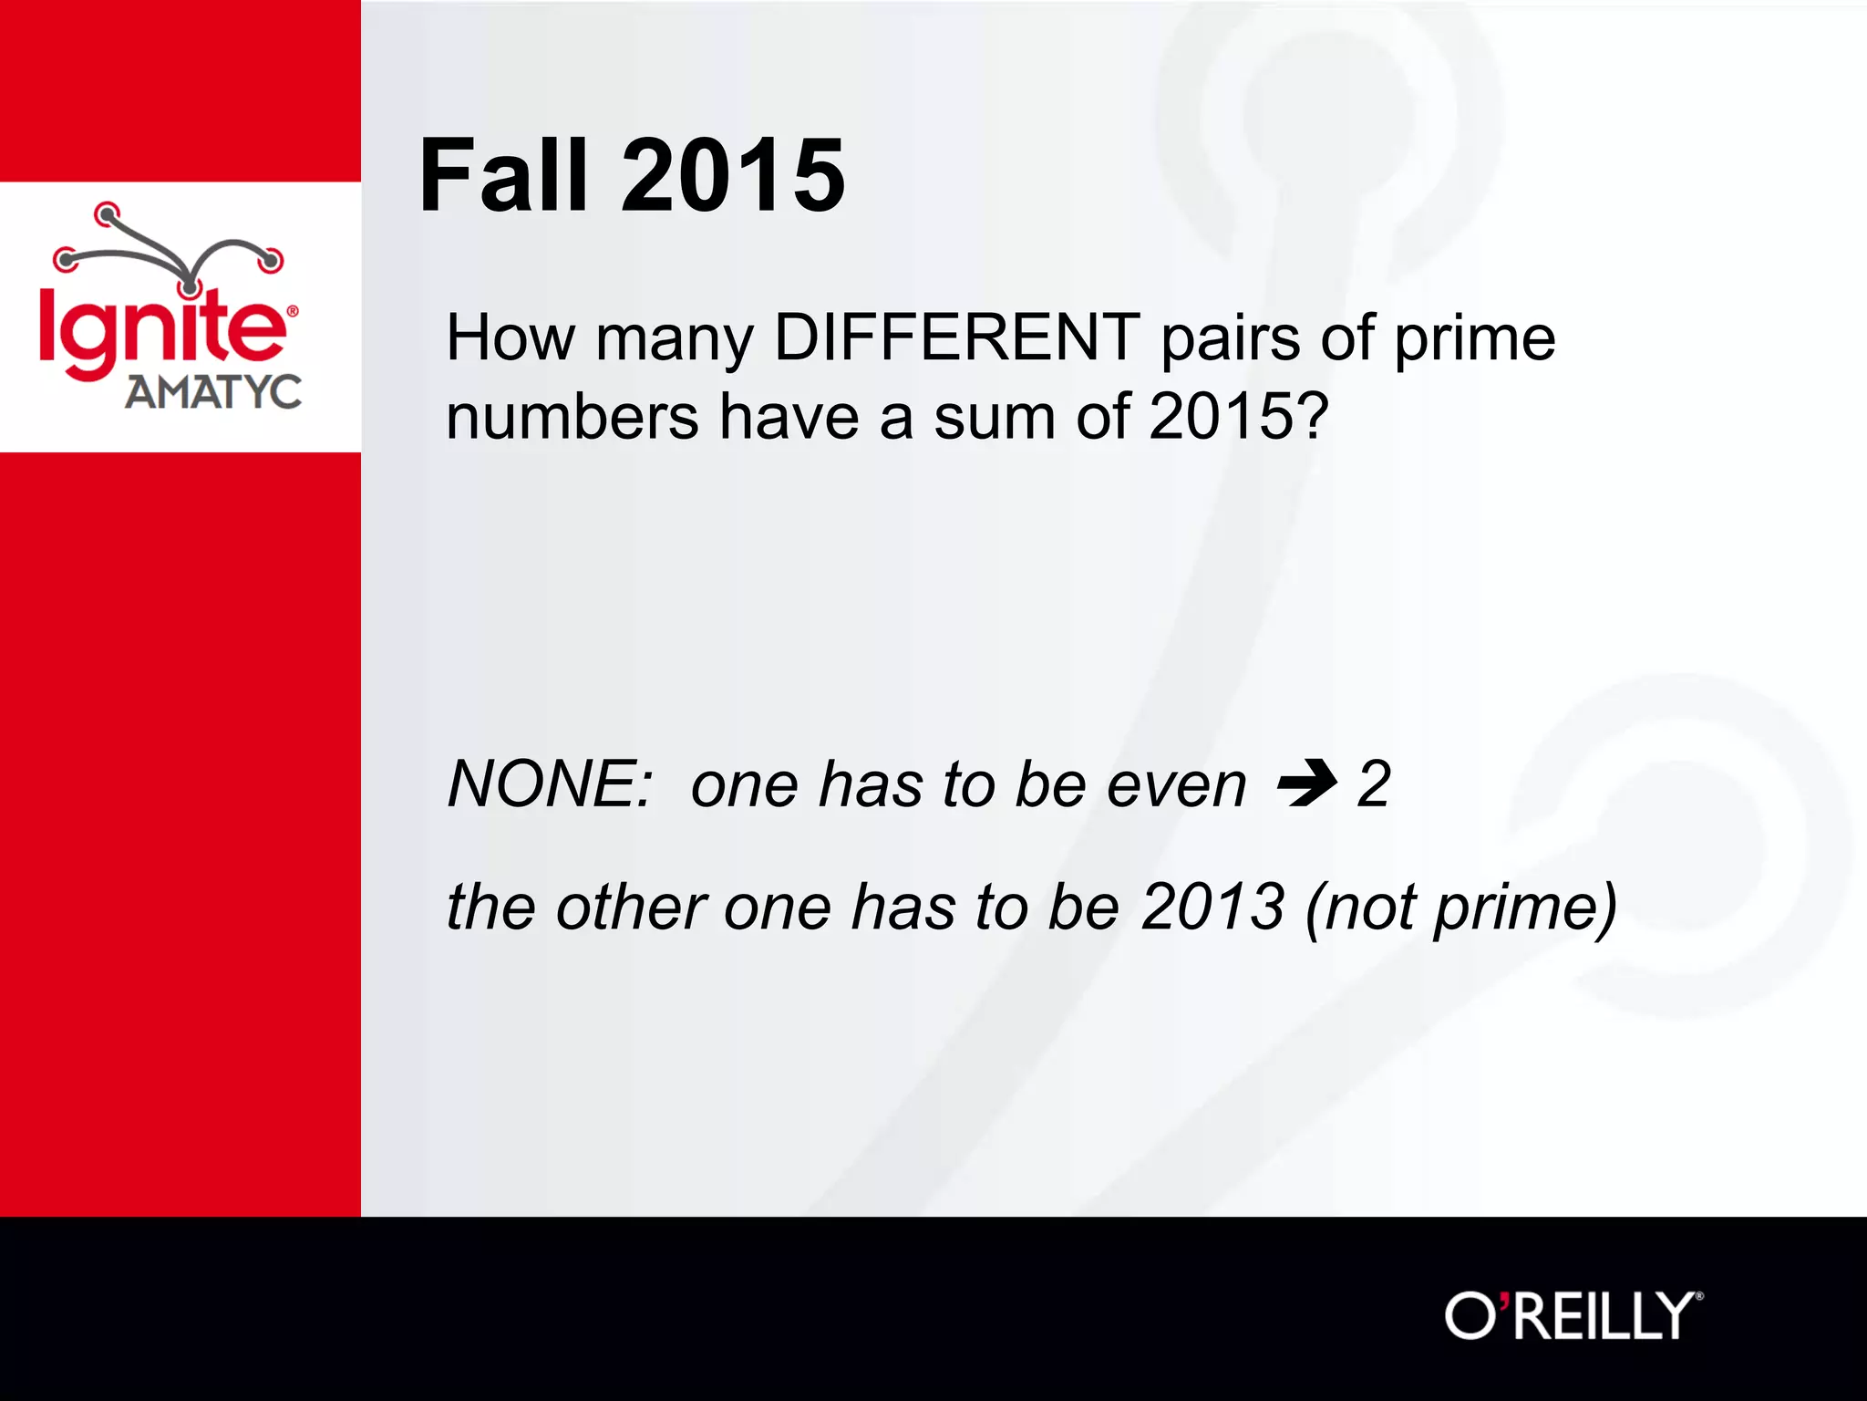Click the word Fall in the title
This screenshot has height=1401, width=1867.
[x=502, y=175]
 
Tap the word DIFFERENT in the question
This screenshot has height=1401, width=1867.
[x=956, y=337]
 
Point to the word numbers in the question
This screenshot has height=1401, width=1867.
[x=572, y=418]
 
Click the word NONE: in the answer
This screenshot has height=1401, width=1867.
[x=550, y=784]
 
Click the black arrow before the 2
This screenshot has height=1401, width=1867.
[x=1307, y=783]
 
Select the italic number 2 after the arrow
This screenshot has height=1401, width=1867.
[x=1373, y=784]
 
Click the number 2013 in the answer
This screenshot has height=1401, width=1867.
[x=1212, y=907]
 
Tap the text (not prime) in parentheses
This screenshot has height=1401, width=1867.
[x=1461, y=908]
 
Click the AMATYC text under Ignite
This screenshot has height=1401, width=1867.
[x=212, y=393]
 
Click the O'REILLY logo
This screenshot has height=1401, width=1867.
[x=1573, y=1315]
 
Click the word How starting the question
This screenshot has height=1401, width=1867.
[x=511, y=337]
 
